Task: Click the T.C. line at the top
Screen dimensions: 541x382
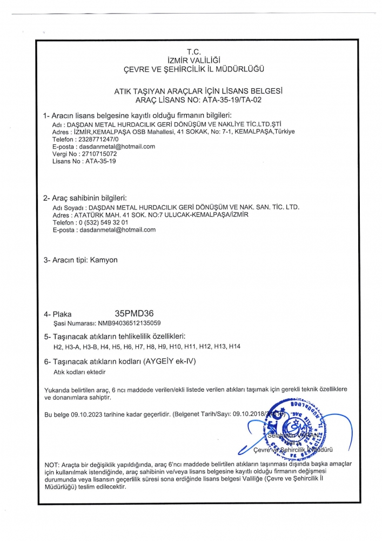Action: pos(193,52)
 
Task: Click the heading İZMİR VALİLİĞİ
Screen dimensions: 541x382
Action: pos(193,60)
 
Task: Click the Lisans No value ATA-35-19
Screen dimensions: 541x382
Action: pos(100,161)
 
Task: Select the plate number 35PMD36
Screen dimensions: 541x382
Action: pos(138,313)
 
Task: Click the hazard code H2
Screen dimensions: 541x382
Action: pos(58,346)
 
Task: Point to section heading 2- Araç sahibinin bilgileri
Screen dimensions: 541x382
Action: pos(85,197)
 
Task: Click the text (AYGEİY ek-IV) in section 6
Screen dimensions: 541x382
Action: pos(173,361)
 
